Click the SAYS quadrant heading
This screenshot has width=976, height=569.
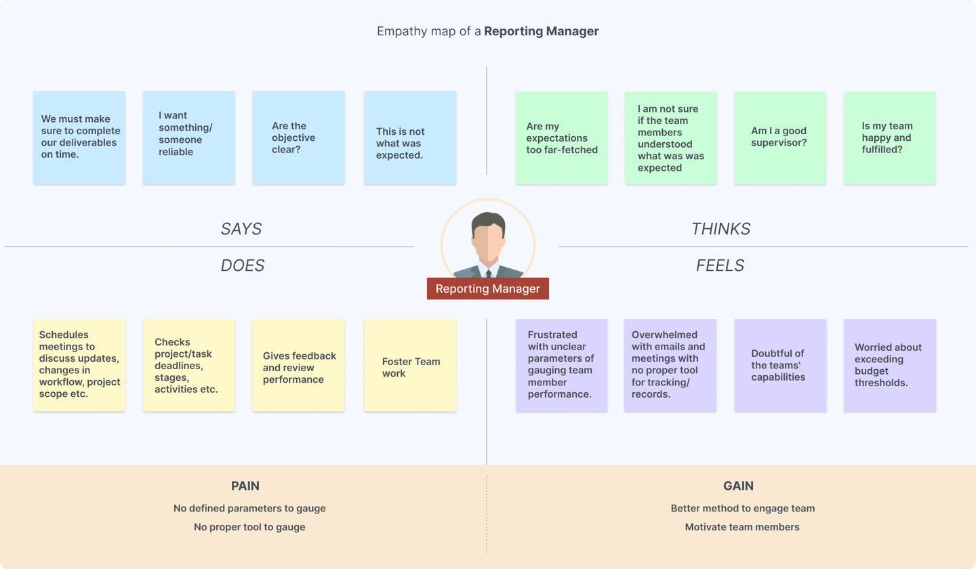[x=241, y=228]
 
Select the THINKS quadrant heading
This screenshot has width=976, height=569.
[x=720, y=228]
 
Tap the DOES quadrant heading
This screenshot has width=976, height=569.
[x=242, y=265]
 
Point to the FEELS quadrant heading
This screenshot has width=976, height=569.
[x=720, y=265]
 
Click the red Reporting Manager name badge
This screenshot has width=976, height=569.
[x=487, y=288]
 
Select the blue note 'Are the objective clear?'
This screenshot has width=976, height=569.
[x=298, y=138]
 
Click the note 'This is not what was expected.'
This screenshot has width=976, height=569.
[x=410, y=138]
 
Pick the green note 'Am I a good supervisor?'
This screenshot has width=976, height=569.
[x=780, y=138]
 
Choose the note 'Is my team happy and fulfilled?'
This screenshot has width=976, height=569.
[x=889, y=138]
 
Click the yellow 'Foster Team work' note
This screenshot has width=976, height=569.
[x=410, y=365]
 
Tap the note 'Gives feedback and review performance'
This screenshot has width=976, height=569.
[x=298, y=365]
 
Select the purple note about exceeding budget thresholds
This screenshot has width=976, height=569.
[x=890, y=365]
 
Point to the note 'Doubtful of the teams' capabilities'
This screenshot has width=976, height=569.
[x=780, y=365]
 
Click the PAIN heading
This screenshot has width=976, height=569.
[x=245, y=486]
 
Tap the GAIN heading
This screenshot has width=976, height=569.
[x=738, y=486]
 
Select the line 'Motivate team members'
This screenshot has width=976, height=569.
[x=742, y=527]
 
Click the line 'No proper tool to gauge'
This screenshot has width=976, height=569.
[x=249, y=527]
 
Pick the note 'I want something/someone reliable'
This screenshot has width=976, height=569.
[x=188, y=138]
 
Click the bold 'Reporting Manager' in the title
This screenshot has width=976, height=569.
[x=541, y=31]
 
